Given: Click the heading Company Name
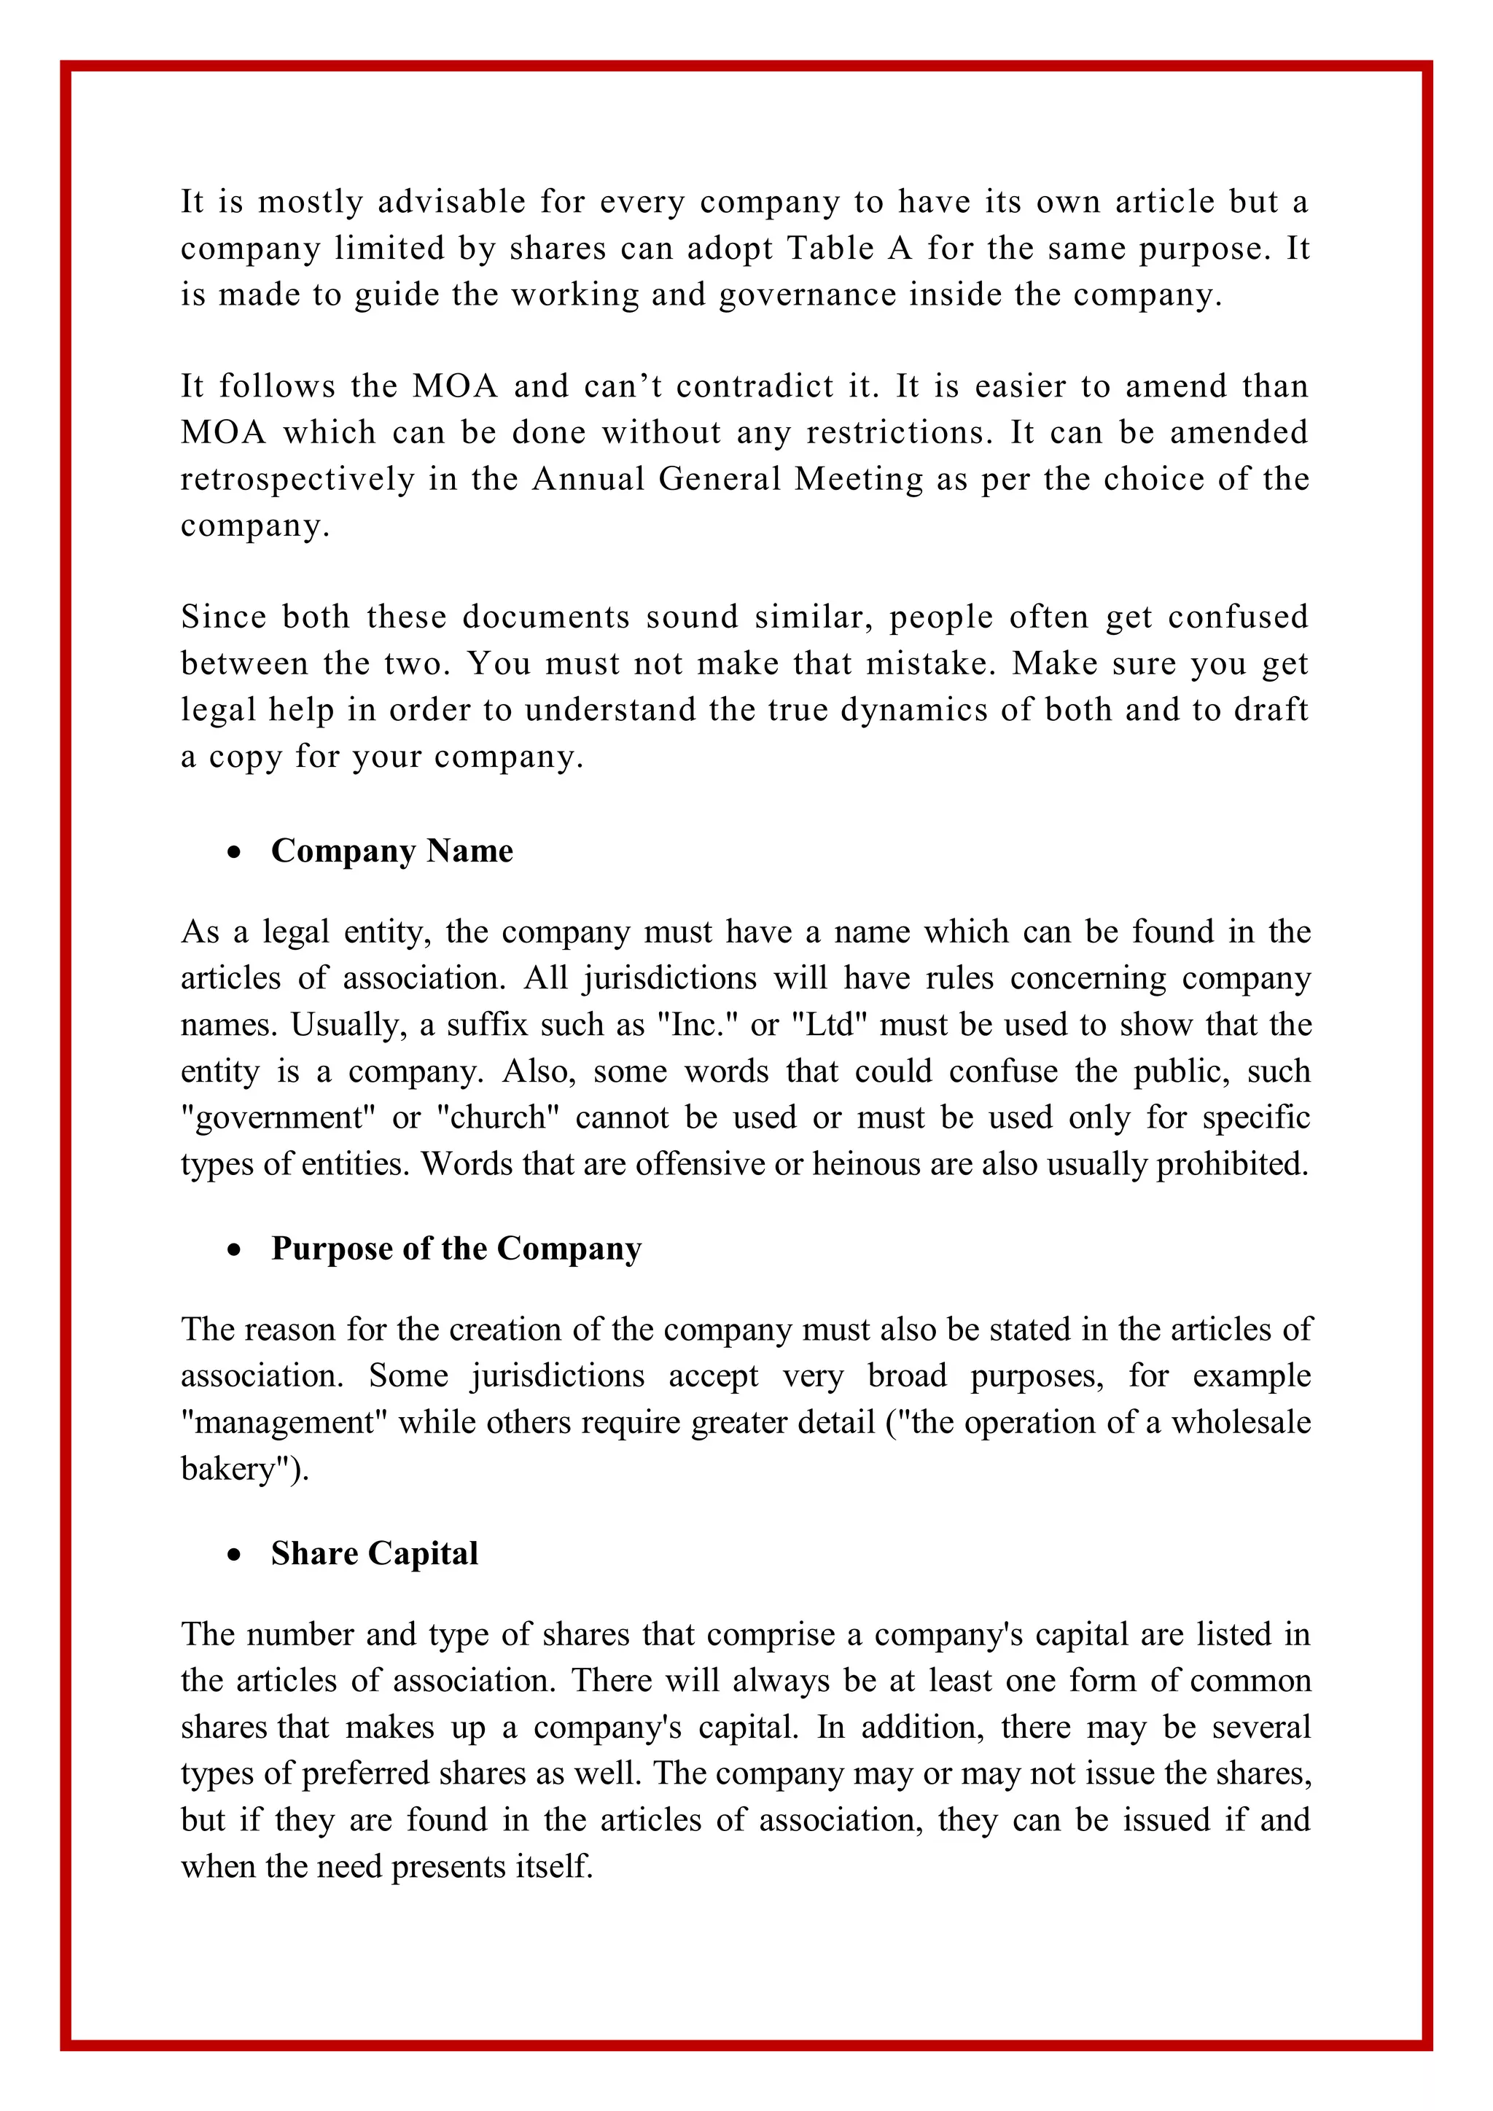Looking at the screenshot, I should pyautogui.click(x=391, y=851).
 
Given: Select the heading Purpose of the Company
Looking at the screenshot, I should pyautogui.click(x=456, y=1249).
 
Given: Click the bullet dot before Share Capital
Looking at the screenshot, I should pyautogui.click(x=235, y=1555).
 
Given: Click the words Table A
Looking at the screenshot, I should pyautogui.click(x=848, y=249).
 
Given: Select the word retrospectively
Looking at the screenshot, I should pyautogui.click(x=297, y=479).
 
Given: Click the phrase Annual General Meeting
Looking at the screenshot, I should pyautogui.click(x=726, y=479).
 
